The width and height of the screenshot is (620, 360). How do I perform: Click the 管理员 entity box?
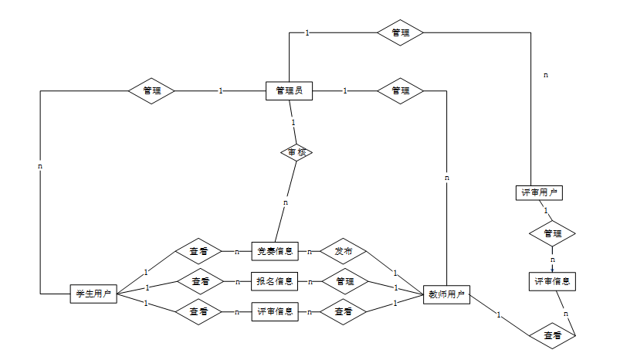coord(288,90)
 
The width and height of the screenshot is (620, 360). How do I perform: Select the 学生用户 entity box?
coord(93,294)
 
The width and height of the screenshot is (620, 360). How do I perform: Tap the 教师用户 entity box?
coord(446,294)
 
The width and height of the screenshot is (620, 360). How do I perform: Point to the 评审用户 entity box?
coord(538,192)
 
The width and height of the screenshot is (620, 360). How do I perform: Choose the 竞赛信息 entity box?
coord(275,251)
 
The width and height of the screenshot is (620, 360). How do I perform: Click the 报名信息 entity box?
coord(275,281)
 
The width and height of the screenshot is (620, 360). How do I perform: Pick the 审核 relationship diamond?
coord(296,152)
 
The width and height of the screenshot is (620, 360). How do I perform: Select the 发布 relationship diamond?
coord(344,251)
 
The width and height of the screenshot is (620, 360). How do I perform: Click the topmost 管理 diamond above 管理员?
coord(400,32)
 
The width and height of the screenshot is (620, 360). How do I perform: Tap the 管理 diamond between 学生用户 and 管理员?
coord(151,90)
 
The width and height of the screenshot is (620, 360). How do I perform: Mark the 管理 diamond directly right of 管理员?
coord(400,90)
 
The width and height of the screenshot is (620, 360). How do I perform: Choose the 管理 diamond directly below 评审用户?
coord(552,233)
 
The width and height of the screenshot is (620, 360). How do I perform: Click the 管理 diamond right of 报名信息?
coord(344,281)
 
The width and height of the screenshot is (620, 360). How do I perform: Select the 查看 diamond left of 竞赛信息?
coord(200,251)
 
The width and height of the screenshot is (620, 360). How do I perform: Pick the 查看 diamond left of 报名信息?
coord(200,281)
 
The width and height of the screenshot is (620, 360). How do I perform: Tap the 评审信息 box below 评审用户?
coord(552,281)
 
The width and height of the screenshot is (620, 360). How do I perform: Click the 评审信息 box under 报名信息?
coord(275,311)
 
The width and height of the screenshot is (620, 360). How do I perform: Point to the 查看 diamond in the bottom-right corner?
coord(552,336)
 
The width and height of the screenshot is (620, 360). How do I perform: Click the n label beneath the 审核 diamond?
coord(285,202)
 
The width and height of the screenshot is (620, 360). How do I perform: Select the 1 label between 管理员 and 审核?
coord(293,122)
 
